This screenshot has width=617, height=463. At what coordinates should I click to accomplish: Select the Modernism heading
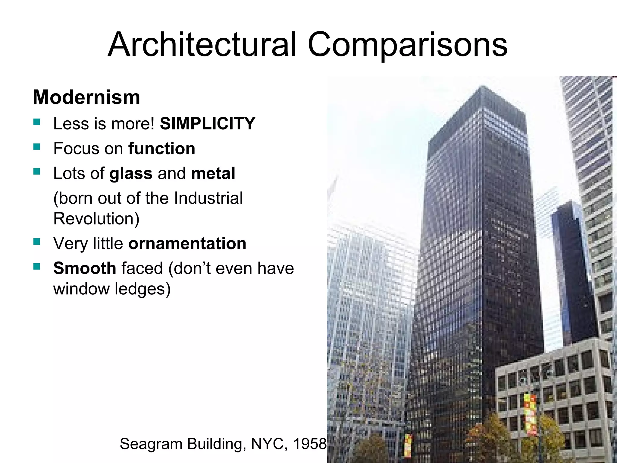coord(86,97)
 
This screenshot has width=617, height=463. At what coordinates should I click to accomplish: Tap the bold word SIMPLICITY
coord(207,123)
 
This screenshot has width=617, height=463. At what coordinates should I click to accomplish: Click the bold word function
coord(162,148)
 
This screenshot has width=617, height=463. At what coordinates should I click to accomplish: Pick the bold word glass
coord(131,173)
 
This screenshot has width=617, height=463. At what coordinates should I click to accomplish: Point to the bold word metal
coord(213,173)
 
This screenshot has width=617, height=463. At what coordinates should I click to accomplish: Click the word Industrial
coord(208,198)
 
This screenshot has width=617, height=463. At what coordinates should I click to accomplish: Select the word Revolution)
coord(96,218)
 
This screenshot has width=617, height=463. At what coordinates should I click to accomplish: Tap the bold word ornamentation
coord(187,243)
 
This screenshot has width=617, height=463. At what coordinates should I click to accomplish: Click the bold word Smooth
coord(85,268)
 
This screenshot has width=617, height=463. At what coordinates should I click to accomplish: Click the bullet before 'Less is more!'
coord(37,122)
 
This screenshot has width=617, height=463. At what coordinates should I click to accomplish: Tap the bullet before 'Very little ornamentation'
coord(37,242)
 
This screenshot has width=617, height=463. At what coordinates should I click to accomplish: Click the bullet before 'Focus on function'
coord(37,147)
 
